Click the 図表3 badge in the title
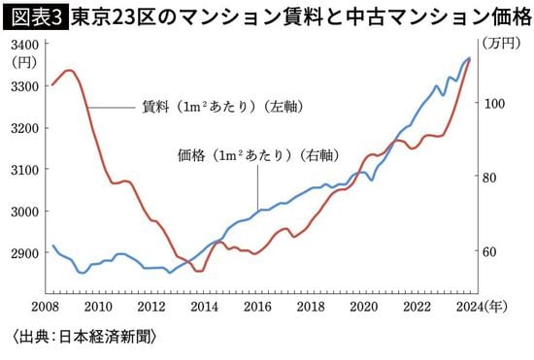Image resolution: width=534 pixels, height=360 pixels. [x=34, y=16]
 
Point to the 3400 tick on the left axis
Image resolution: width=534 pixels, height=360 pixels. [x=24, y=45]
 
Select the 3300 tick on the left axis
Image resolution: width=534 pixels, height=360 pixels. [x=24, y=86]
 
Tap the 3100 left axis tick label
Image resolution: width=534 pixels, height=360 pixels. [x=24, y=170]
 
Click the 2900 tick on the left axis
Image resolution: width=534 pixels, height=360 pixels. [x=24, y=253]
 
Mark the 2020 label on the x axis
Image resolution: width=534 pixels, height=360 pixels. [x=363, y=307]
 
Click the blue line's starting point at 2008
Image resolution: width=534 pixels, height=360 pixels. [x=52, y=245]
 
